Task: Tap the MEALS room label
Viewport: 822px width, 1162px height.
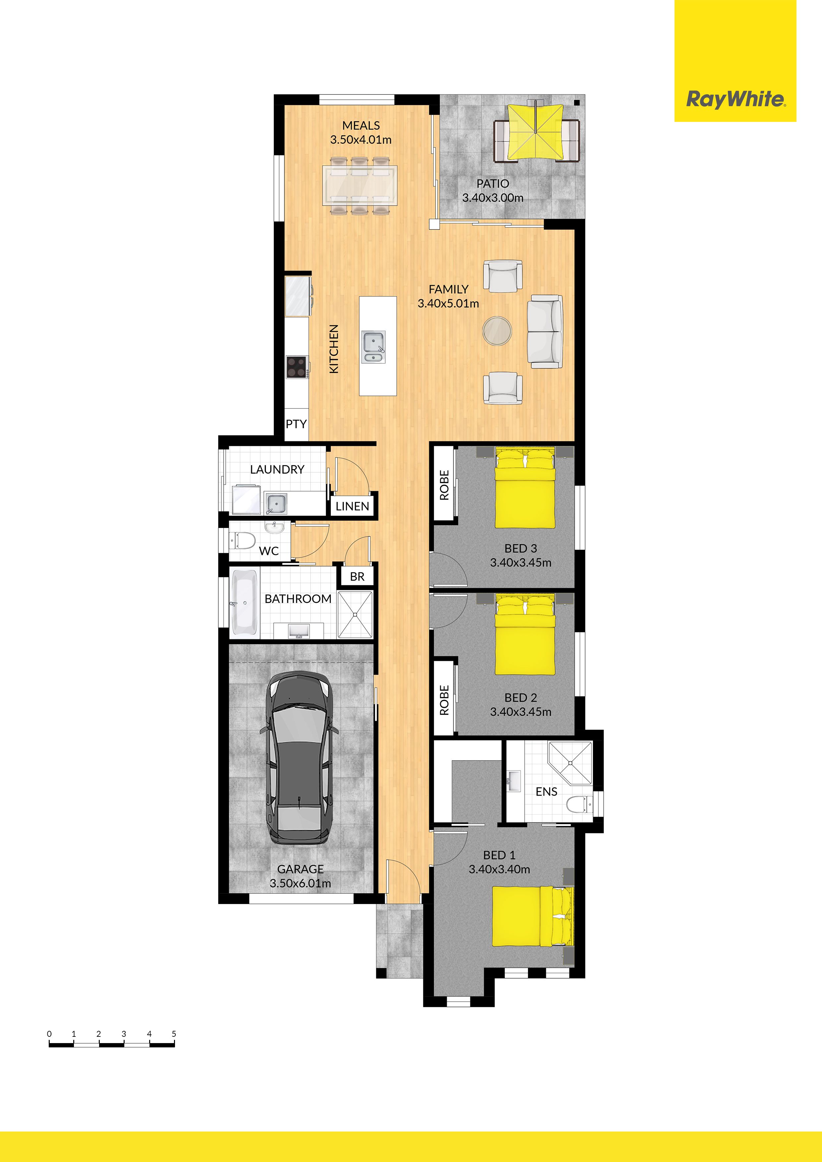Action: point(361,126)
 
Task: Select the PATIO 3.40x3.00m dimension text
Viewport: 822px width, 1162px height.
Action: point(493,198)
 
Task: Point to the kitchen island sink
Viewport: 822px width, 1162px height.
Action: point(374,347)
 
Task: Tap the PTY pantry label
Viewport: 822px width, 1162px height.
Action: point(296,424)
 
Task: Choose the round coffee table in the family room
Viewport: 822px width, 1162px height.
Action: point(497,331)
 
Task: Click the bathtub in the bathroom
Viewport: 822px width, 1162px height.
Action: point(245,603)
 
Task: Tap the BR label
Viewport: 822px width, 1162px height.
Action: point(357,576)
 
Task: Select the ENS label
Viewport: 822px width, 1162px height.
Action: point(547,792)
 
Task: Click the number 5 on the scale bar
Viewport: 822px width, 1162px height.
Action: point(174,1034)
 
